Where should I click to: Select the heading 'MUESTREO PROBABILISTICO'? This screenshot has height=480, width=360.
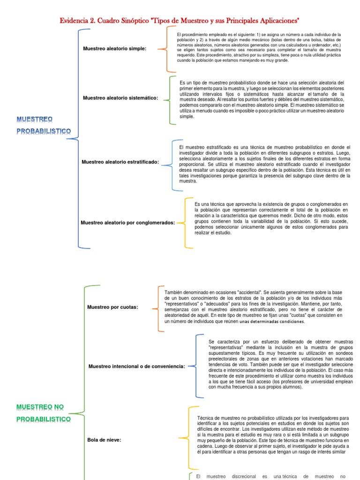(x=44, y=125)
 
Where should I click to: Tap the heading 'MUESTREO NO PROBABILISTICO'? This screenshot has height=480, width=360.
(x=44, y=412)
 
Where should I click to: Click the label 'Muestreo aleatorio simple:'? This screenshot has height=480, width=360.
(x=114, y=49)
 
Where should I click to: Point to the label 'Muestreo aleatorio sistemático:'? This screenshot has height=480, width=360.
(x=120, y=98)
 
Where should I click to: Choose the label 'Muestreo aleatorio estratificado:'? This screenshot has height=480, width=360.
(x=120, y=162)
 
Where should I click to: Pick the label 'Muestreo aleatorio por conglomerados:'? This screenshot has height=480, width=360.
(x=127, y=223)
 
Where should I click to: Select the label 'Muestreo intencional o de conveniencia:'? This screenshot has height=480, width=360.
(x=137, y=366)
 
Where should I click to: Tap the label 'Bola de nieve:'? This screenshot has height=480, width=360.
(x=104, y=440)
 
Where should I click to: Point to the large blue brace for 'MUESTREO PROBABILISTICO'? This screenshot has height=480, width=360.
(x=75, y=138)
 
